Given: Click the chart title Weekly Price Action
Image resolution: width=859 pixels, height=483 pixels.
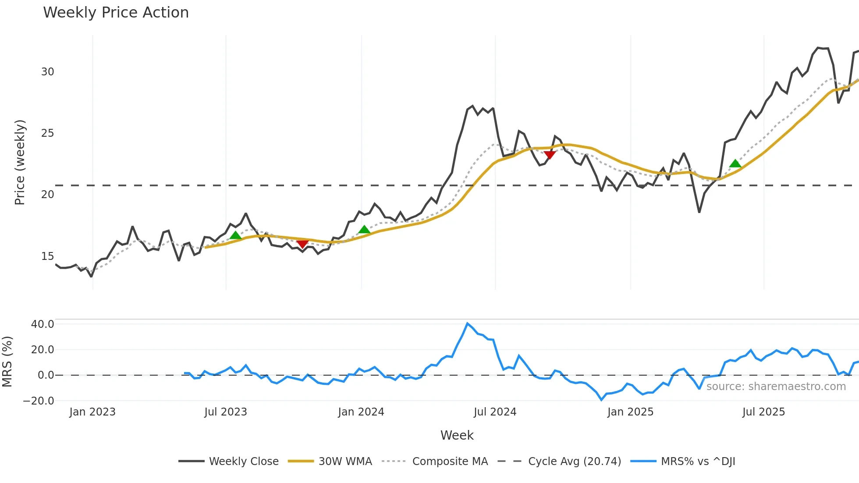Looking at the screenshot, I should [x=116, y=13].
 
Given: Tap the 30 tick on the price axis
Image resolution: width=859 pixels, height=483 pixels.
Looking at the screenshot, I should [x=47, y=72].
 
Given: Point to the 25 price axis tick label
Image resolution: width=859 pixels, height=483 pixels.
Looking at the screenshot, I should [x=47, y=133].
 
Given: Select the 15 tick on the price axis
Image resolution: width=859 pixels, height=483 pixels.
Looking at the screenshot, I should [x=47, y=256].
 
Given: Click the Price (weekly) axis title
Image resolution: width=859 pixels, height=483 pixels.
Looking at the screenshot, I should [x=20, y=162].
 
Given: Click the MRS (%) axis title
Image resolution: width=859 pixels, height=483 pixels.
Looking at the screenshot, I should [x=7, y=362].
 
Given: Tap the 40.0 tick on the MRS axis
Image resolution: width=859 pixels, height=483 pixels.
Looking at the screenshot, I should [x=43, y=324].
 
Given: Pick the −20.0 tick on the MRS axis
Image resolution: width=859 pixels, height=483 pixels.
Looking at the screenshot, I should [x=39, y=401].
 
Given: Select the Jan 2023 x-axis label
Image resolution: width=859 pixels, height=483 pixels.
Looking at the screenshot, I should [x=92, y=412].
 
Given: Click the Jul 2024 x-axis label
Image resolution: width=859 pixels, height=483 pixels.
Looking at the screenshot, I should [x=495, y=412].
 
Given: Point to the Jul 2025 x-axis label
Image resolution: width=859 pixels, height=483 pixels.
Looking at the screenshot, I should [x=763, y=412].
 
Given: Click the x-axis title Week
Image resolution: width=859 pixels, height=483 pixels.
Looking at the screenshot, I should [x=457, y=435].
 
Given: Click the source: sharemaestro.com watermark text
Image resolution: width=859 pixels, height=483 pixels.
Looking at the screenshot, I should [x=776, y=387].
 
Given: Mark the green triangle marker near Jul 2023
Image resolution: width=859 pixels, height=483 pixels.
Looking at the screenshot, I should [x=235, y=236].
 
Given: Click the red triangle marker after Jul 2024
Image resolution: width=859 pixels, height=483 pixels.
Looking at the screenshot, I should [x=550, y=154].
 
